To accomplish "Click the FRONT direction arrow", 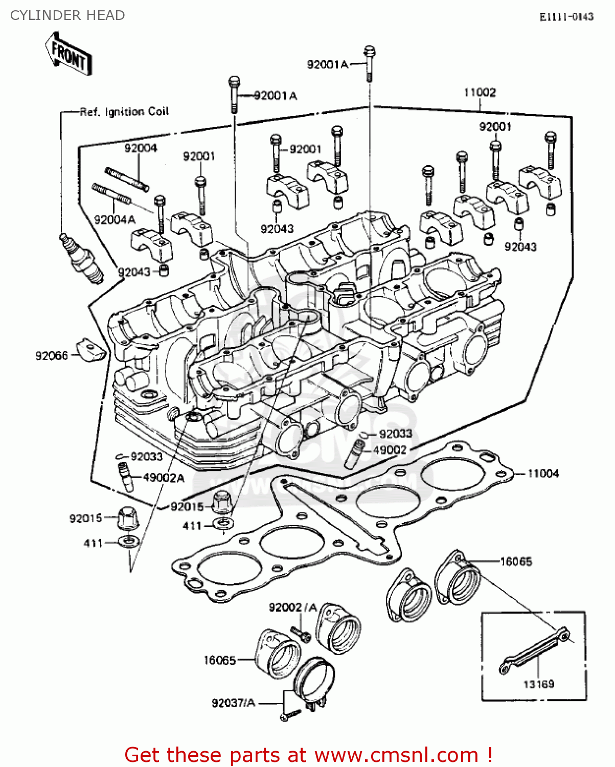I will click(x=69, y=54).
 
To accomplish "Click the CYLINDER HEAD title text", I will click(x=67, y=15).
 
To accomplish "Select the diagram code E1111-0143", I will click(x=566, y=17).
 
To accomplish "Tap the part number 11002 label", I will click(x=480, y=93).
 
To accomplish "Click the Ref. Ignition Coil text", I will click(x=124, y=111).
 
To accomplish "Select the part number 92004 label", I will click(x=141, y=148).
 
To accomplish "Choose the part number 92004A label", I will click(x=115, y=220).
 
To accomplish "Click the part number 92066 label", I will click(x=52, y=356).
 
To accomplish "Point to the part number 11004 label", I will click(x=543, y=473).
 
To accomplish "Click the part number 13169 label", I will click(x=538, y=684).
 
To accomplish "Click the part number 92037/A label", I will click(x=233, y=703).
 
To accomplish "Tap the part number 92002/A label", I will click(x=293, y=607).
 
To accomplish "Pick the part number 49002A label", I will click(x=164, y=478).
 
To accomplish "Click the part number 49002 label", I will click(x=390, y=450).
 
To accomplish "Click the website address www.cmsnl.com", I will click(x=396, y=755).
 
